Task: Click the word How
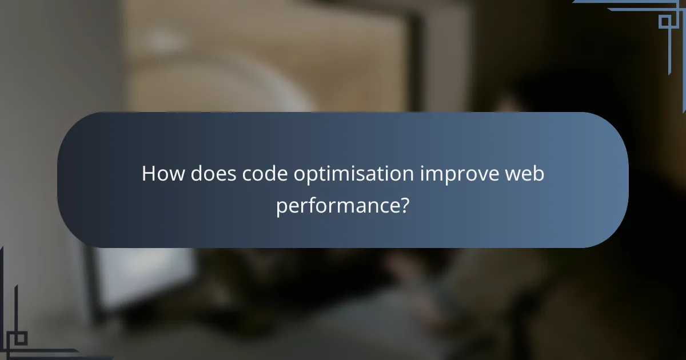point(162,174)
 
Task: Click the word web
point(524,174)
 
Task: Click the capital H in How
point(149,174)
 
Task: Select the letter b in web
point(539,174)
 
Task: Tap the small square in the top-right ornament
point(665,21)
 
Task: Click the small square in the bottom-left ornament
point(21,339)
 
